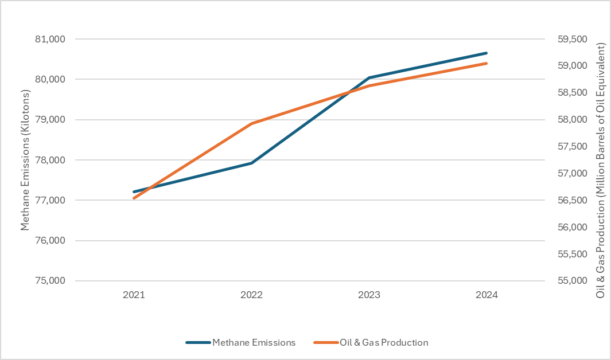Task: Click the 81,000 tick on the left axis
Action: (x=50, y=39)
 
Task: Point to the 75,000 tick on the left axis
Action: (x=50, y=281)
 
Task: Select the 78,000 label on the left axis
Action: (x=50, y=160)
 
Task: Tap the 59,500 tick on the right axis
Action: (x=569, y=39)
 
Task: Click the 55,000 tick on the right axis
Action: (x=569, y=281)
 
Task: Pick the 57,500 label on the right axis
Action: (x=569, y=147)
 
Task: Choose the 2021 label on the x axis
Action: (x=134, y=295)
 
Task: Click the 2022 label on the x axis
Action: (x=251, y=295)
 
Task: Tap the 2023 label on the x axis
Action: (x=369, y=295)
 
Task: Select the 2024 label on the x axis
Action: (x=487, y=295)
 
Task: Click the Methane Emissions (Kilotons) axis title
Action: (x=25, y=160)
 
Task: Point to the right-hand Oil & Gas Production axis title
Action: (x=601, y=170)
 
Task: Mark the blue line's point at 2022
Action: (x=251, y=163)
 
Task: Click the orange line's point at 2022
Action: (x=251, y=123)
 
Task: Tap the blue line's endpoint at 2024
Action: (x=487, y=53)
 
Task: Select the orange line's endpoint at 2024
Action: (x=487, y=63)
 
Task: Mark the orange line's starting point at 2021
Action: (x=134, y=198)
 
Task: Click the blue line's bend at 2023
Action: (x=369, y=77)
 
